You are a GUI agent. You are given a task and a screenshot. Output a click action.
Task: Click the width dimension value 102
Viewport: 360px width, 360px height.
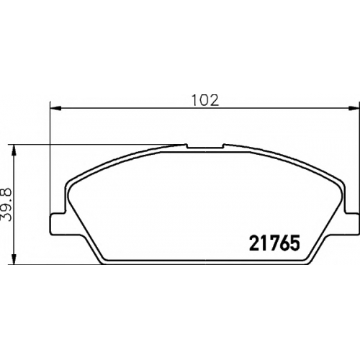pyautogui.click(x=205, y=100)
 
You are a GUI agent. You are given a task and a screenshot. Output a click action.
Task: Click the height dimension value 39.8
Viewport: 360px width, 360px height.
pyautogui.click(x=6, y=204)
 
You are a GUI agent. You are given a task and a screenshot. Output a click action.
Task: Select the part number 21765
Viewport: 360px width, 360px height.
pyautogui.click(x=275, y=243)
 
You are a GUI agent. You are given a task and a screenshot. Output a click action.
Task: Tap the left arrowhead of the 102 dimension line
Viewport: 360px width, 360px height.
pyautogui.click(x=56, y=109)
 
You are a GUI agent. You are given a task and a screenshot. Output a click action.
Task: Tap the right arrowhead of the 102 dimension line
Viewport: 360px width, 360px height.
pyautogui.click(x=354, y=109)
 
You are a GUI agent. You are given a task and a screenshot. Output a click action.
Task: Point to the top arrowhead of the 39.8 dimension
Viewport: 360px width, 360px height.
pyautogui.click(x=14, y=150)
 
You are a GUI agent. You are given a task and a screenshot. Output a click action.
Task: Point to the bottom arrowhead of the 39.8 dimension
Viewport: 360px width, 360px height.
pyautogui.click(x=14, y=258)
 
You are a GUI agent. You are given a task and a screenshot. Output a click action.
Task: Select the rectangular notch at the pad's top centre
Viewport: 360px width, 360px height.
pyautogui.click(x=205, y=146)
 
